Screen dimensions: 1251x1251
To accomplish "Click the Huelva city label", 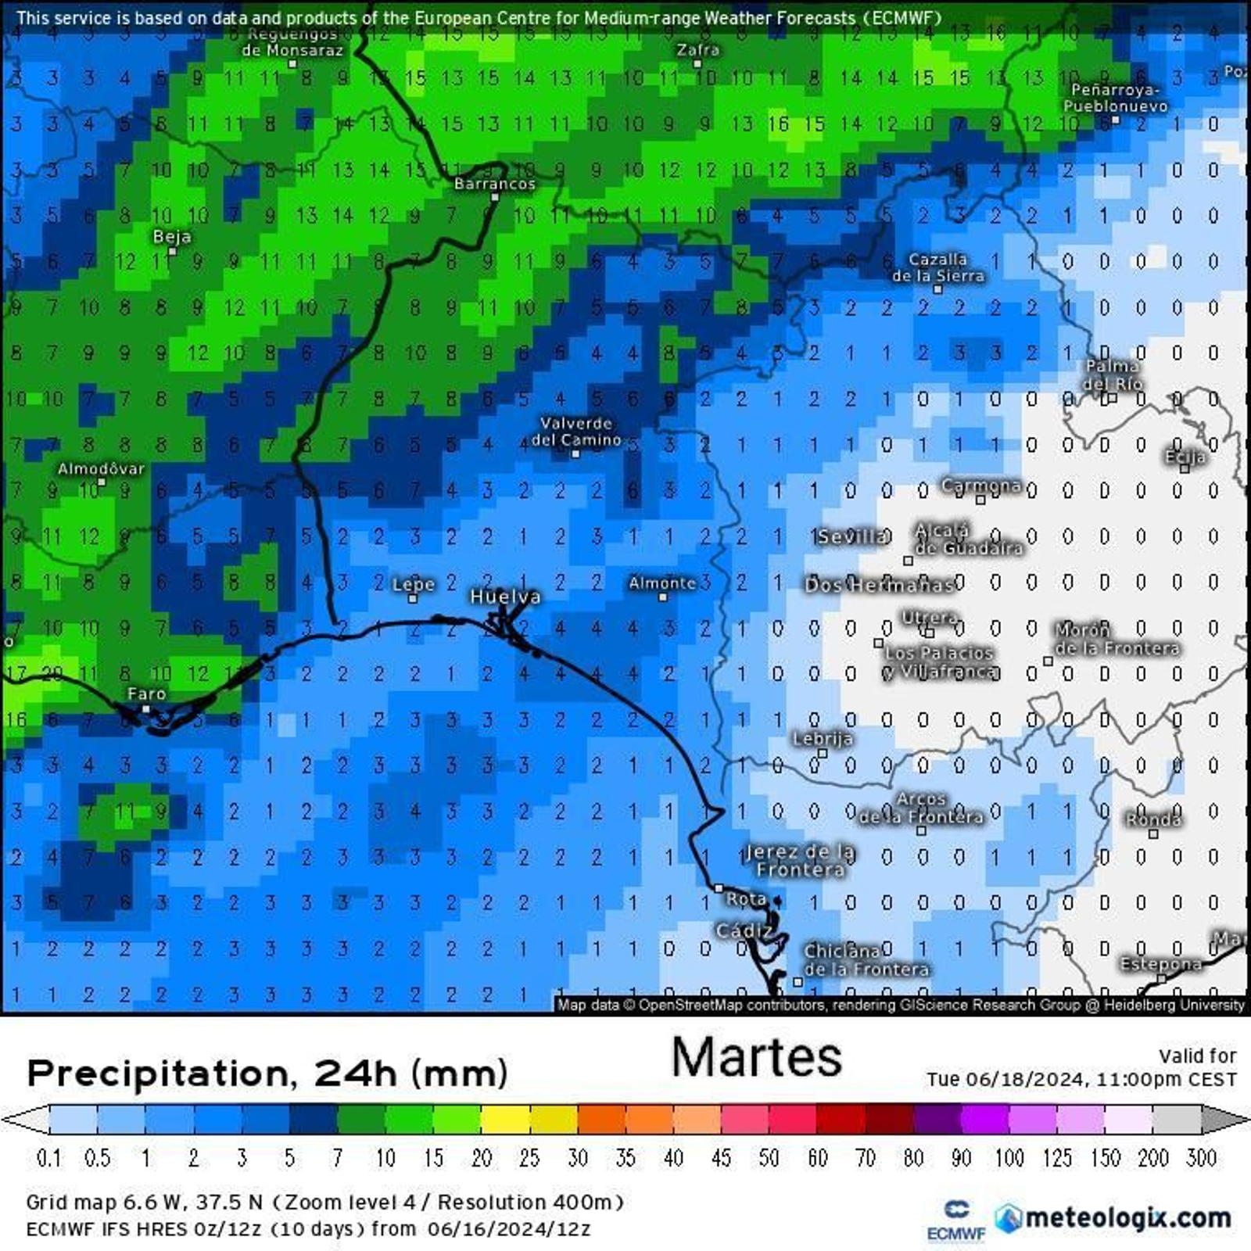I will click(505, 597).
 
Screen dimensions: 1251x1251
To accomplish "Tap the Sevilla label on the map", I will click(852, 536).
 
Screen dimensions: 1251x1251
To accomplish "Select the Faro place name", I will click(146, 694).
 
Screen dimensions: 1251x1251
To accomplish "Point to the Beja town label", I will click(172, 236).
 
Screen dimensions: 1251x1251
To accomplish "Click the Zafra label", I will click(698, 49).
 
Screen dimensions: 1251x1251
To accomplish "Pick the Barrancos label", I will click(495, 184).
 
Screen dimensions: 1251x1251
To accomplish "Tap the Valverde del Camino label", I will click(576, 432).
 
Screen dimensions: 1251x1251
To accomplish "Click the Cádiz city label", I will click(744, 930).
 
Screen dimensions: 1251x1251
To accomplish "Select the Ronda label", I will click(1153, 819).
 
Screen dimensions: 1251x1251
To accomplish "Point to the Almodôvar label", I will click(102, 468).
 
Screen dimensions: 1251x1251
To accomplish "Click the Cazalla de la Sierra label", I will click(938, 267).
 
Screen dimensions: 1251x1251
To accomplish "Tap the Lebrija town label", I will click(823, 738).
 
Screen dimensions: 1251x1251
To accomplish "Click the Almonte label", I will click(662, 582).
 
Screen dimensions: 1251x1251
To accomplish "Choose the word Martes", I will click(756, 1057).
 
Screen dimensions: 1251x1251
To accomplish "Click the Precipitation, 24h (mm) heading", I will click(267, 1074).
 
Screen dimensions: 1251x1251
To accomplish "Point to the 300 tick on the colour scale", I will click(1201, 1157).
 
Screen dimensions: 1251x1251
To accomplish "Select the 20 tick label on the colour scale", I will click(482, 1157).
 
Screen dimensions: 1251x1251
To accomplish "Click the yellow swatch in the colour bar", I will click(505, 1119).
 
